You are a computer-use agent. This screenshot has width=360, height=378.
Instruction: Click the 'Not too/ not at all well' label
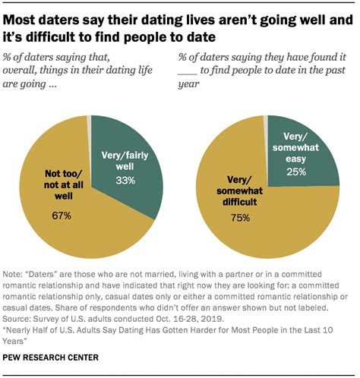[x=62, y=187]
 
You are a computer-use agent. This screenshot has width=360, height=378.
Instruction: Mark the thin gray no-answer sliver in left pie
[x=90, y=119]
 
